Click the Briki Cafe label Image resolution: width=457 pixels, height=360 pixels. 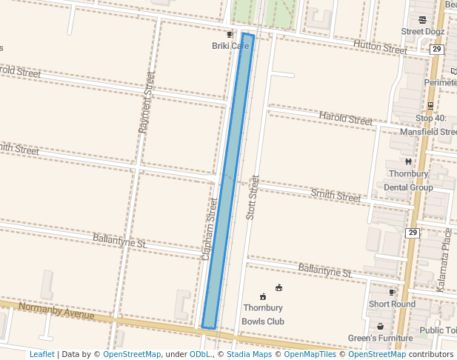click(230, 46)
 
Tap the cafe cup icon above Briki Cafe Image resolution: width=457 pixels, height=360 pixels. click(230, 35)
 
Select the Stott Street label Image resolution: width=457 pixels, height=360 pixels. click(253, 196)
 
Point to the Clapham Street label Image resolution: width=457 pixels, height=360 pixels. click(210, 228)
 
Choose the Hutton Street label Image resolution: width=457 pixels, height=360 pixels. click(380, 46)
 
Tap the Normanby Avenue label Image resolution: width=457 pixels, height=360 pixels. click(47, 310)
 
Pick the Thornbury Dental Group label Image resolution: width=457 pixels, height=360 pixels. click(408, 181)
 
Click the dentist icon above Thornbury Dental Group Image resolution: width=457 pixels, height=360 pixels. click(408, 162)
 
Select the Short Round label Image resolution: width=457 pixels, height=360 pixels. click(392, 304)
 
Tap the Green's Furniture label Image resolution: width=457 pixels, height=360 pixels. click(380, 339)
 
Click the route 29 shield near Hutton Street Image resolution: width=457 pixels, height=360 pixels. click(436, 49)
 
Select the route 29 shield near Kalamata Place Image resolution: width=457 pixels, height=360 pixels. click(413, 233)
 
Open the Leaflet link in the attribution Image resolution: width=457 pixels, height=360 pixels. click(41, 354)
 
